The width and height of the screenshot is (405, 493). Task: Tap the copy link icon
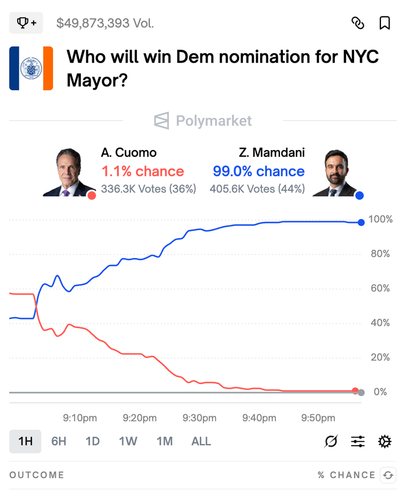(358, 23)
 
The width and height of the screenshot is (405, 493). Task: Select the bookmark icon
(385, 23)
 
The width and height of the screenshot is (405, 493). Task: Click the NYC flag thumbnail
(31, 68)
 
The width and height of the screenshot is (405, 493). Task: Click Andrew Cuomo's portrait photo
(68, 172)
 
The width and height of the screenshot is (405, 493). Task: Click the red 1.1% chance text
(143, 171)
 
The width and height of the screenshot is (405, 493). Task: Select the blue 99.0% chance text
(258, 171)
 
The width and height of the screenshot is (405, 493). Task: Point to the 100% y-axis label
(380, 220)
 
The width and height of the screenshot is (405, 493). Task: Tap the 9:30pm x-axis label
(200, 418)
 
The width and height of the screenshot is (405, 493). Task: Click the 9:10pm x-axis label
(80, 418)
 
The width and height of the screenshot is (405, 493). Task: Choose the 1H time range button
(25, 441)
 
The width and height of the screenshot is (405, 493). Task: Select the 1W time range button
(128, 441)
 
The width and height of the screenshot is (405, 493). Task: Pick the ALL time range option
(201, 441)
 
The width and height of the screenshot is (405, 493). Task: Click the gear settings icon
(385, 441)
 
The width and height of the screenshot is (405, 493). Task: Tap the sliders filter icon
(358, 441)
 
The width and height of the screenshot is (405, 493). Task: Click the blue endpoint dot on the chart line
(361, 222)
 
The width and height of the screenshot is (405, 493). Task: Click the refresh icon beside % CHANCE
(388, 475)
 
